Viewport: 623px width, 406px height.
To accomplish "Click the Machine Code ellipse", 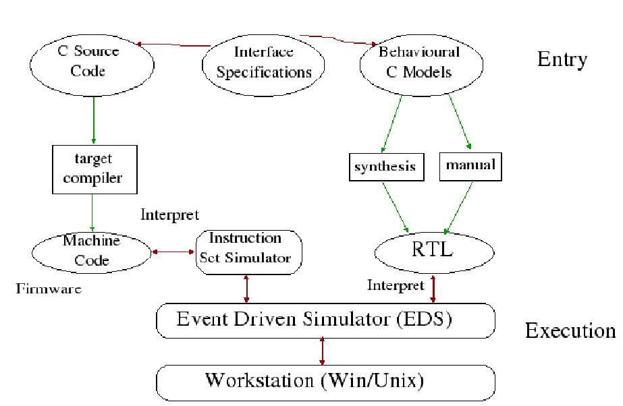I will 92,252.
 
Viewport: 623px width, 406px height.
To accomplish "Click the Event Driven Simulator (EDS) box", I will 325,320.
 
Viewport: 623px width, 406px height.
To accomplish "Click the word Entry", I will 562,59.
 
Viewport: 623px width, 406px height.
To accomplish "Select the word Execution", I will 570,330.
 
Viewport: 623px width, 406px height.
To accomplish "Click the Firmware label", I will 49,289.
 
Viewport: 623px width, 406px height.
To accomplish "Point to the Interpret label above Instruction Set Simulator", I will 169,215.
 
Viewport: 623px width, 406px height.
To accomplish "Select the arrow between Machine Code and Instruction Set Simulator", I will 173,252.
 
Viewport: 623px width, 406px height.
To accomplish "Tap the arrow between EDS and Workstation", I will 323,351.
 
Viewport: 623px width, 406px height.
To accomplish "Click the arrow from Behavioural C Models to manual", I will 460,121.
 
